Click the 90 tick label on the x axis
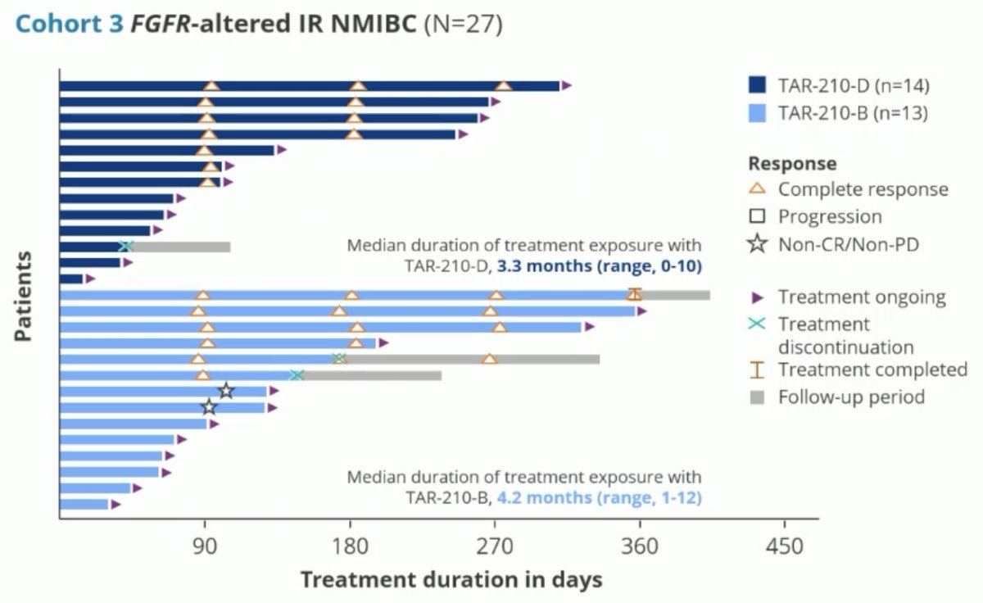coord(205,546)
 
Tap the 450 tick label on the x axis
coord(785,546)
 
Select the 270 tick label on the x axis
coord(495,546)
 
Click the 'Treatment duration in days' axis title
coord(451,580)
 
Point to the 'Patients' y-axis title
coord(23,296)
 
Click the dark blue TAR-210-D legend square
coord(757,84)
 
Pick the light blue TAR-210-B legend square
coord(757,113)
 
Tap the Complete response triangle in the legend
coord(757,189)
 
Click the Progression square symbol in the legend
coord(757,216)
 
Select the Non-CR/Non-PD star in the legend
coord(758,244)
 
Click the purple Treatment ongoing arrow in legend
coord(757,297)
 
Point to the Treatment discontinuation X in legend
coord(757,324)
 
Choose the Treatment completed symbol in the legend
coord(757,370)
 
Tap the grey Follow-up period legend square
coord(757,397)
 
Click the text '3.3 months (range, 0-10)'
coord(599,266)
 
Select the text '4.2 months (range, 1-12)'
coord(599,497)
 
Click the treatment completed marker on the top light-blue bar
coord(635,294)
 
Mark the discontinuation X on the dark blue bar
coord(126,247)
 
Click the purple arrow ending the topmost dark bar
coord(566,85)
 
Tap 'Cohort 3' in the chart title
coord(70,24)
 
